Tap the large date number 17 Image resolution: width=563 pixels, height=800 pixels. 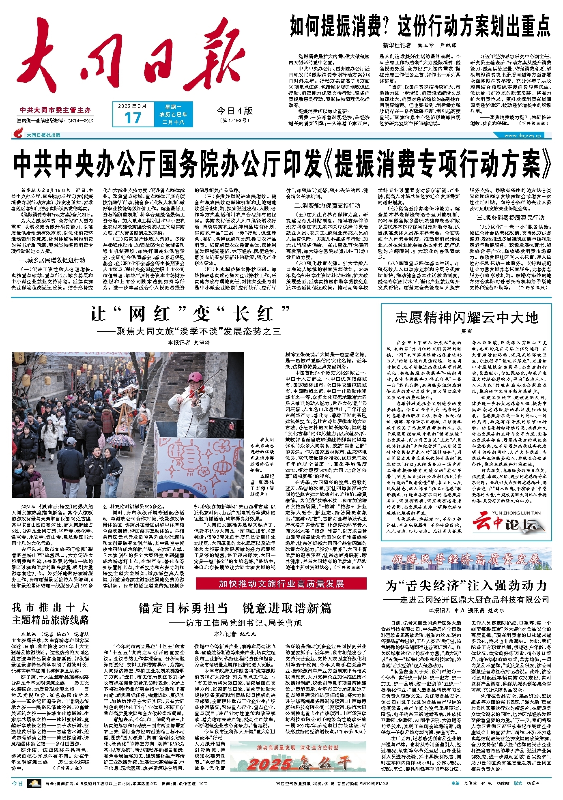pyautogui.click(x=133, y=118)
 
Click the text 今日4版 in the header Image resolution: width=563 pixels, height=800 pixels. pyautogui.click(x=234, y=111)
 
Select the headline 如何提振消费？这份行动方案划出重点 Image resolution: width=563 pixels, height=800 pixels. pyautogui.click(x=419, y=26)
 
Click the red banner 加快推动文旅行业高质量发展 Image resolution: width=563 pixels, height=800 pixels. pyautogui.click(x=281, y=583)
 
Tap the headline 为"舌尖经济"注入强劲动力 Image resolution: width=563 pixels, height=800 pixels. pyautogui.click(x=466, y=586)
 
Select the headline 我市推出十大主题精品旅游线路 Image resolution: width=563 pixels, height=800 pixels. pyautogui.click(x=50, y=613)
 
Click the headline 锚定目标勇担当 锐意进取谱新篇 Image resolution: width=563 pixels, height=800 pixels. pyautogui.click(x=235, y=608)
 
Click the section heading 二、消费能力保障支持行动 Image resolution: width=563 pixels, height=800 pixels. pyautogui.click(x=327, y=205)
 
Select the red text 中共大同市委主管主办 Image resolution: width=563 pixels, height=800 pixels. pyautogui.click(x=55, y=110)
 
